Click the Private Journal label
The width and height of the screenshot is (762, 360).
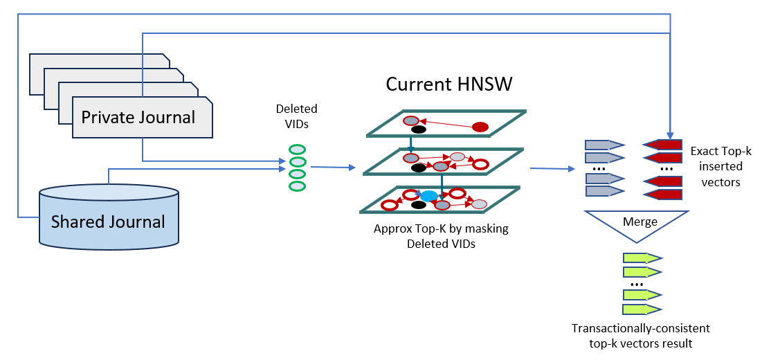(138, 117)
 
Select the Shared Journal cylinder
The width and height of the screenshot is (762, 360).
(108, 215)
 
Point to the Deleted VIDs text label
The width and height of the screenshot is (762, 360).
(296, 115)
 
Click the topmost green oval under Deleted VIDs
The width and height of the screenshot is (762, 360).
(296, 150)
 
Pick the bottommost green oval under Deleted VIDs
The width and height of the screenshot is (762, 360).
(296, 186)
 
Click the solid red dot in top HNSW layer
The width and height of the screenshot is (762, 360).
(480, 127)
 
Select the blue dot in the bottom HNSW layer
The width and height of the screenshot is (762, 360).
(429, 196)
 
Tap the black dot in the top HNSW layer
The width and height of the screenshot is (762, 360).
(418, 129)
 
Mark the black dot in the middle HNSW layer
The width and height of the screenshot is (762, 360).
(418, 168)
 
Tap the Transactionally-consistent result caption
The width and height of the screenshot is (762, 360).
(640, 335)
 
